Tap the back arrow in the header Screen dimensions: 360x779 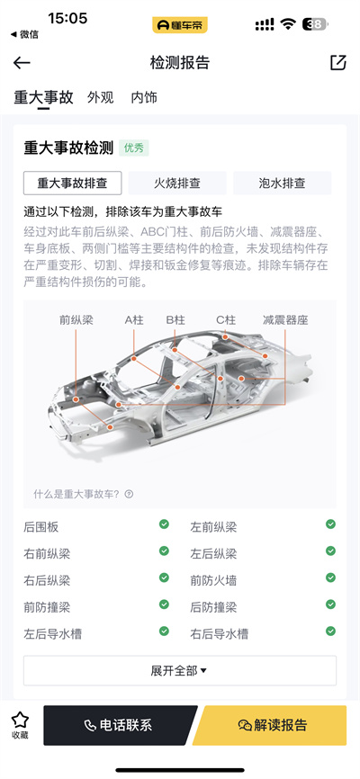[22, 63]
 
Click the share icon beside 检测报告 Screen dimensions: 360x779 [338, 63]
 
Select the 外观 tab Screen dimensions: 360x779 [101, 97]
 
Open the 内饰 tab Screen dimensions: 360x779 [144, 97]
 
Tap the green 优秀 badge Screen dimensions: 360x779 [134, 148]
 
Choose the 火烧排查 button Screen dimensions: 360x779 [177, 183]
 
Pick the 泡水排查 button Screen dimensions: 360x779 [282, 183]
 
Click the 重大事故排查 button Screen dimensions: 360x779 [73, 183]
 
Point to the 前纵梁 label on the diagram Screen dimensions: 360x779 [76, 320]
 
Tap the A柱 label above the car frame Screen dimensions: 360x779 [134, 320]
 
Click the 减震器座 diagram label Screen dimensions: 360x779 [285, 320]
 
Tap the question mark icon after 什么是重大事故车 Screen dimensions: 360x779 [130, 494]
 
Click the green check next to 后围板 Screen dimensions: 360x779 [164, 524]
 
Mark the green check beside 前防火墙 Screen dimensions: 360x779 [330, 578]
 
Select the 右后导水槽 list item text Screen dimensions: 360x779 [220, 634]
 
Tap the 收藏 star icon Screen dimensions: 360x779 [21, 720]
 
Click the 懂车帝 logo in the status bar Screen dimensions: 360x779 [180, 25]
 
